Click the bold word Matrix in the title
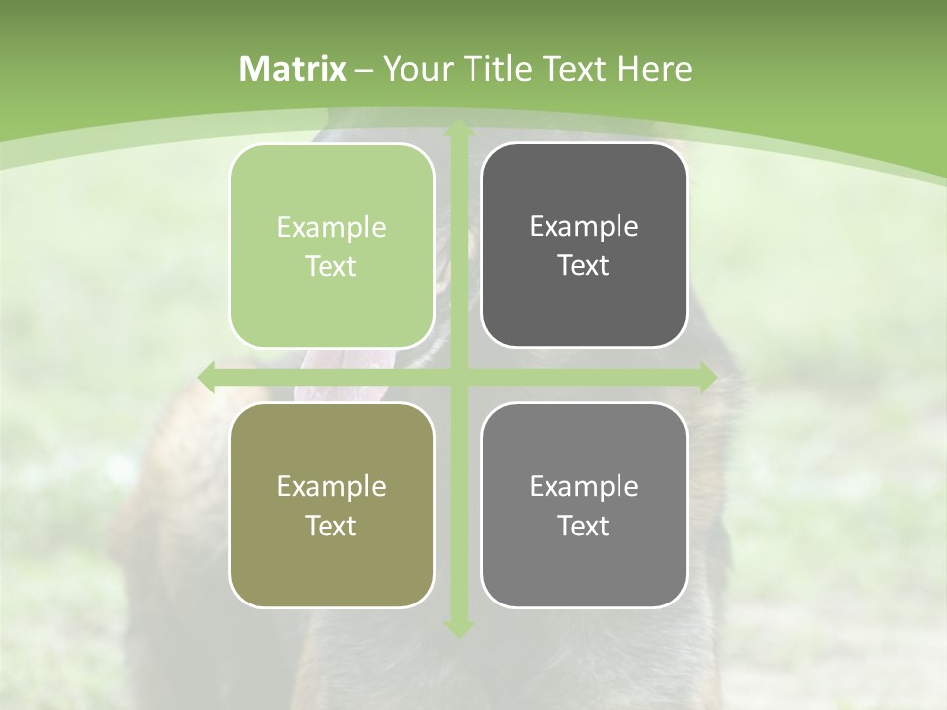[293, 69]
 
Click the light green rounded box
[331, 246]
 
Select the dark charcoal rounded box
[584, 246]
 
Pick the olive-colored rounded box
[331, 505]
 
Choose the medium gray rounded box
[584, 505]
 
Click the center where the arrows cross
[457, 378]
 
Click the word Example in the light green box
[331, 228]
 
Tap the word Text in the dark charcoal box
[584, 266]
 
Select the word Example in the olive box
[331, 487]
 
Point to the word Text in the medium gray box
[584, 526]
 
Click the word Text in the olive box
[331, 526]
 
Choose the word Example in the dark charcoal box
[584, 227]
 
